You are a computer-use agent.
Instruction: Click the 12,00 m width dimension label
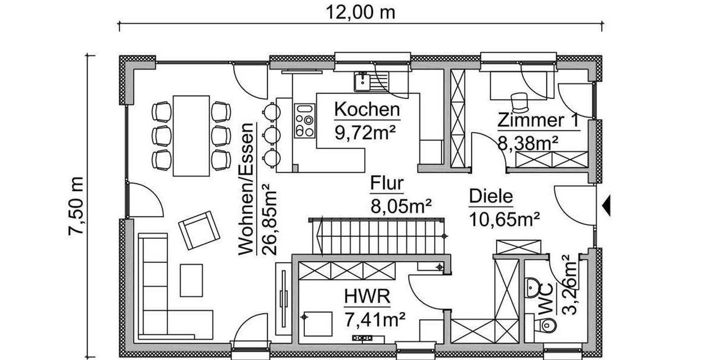pyautogui.click(x=361, y=12)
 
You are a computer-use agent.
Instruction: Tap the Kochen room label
pyautogui.click(x=367, y=110)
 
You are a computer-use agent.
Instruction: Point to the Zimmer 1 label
pyautogui.click(x=539, y=121)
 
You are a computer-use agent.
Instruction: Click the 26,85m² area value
pyautogui.click(x=269, y=220)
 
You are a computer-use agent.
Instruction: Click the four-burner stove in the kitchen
pyautogui.click(x=305, y=121)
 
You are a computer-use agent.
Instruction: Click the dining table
pyautogui.click(x=191, y=134)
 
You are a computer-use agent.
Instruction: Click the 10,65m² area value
pyautogui.click(x=504, y=218)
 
